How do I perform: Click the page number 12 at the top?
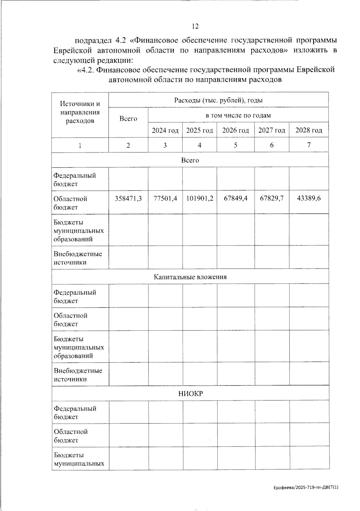coord(195,26)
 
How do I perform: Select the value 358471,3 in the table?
coord(128,199)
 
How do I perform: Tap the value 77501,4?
coord(165,199)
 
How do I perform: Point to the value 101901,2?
coord(199,199)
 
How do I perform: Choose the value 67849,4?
coord(235,199)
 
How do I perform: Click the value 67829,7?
coord(272,199)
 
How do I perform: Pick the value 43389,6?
coord(309,199)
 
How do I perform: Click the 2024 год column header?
coord(165,130)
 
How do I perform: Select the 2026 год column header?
coord(235,130)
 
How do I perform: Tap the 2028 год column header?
coord(309,130)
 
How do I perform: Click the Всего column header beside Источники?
coord(128,119)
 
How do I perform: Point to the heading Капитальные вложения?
coord(190,277)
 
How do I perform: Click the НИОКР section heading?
coord(190,393)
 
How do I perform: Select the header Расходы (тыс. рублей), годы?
coord(218,100)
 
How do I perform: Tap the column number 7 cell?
coord(309,145)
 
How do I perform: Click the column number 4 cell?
coord(199,145)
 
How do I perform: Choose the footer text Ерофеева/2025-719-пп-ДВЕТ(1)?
coord(306,488)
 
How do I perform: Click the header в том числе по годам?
coord(238,115)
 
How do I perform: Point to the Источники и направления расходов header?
coord(80,112)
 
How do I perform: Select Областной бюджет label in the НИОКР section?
coord(71,436)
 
